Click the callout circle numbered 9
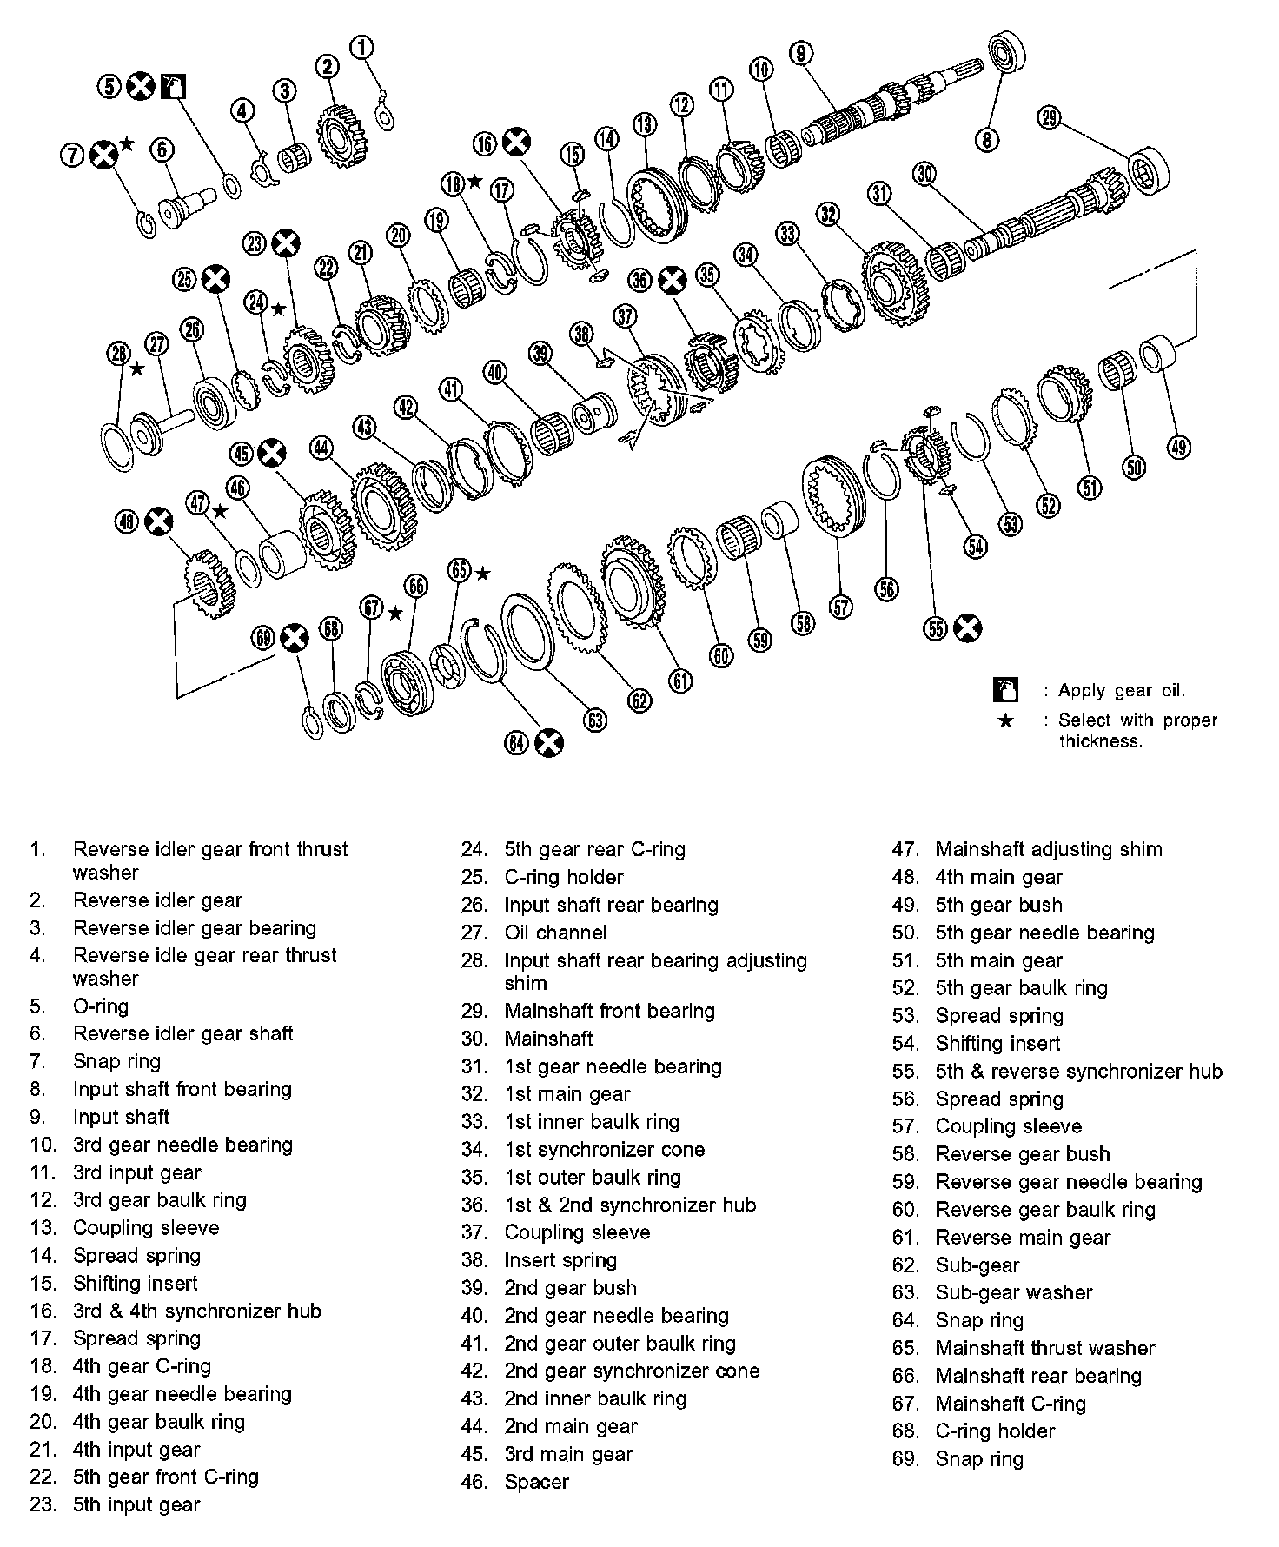[x=801, y=52]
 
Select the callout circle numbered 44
[x=321, y=448]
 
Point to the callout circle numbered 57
[x=841, y=607]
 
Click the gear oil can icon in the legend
[x=1005, y=690]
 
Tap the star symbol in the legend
[x=1005, y=720]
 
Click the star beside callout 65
[x=482, y=574]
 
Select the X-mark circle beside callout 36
[x=671, y=280]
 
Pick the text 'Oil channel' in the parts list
[x=555, y=933]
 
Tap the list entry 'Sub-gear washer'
[x=1013, y=1292]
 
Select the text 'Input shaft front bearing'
[x=182, y=1089]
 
